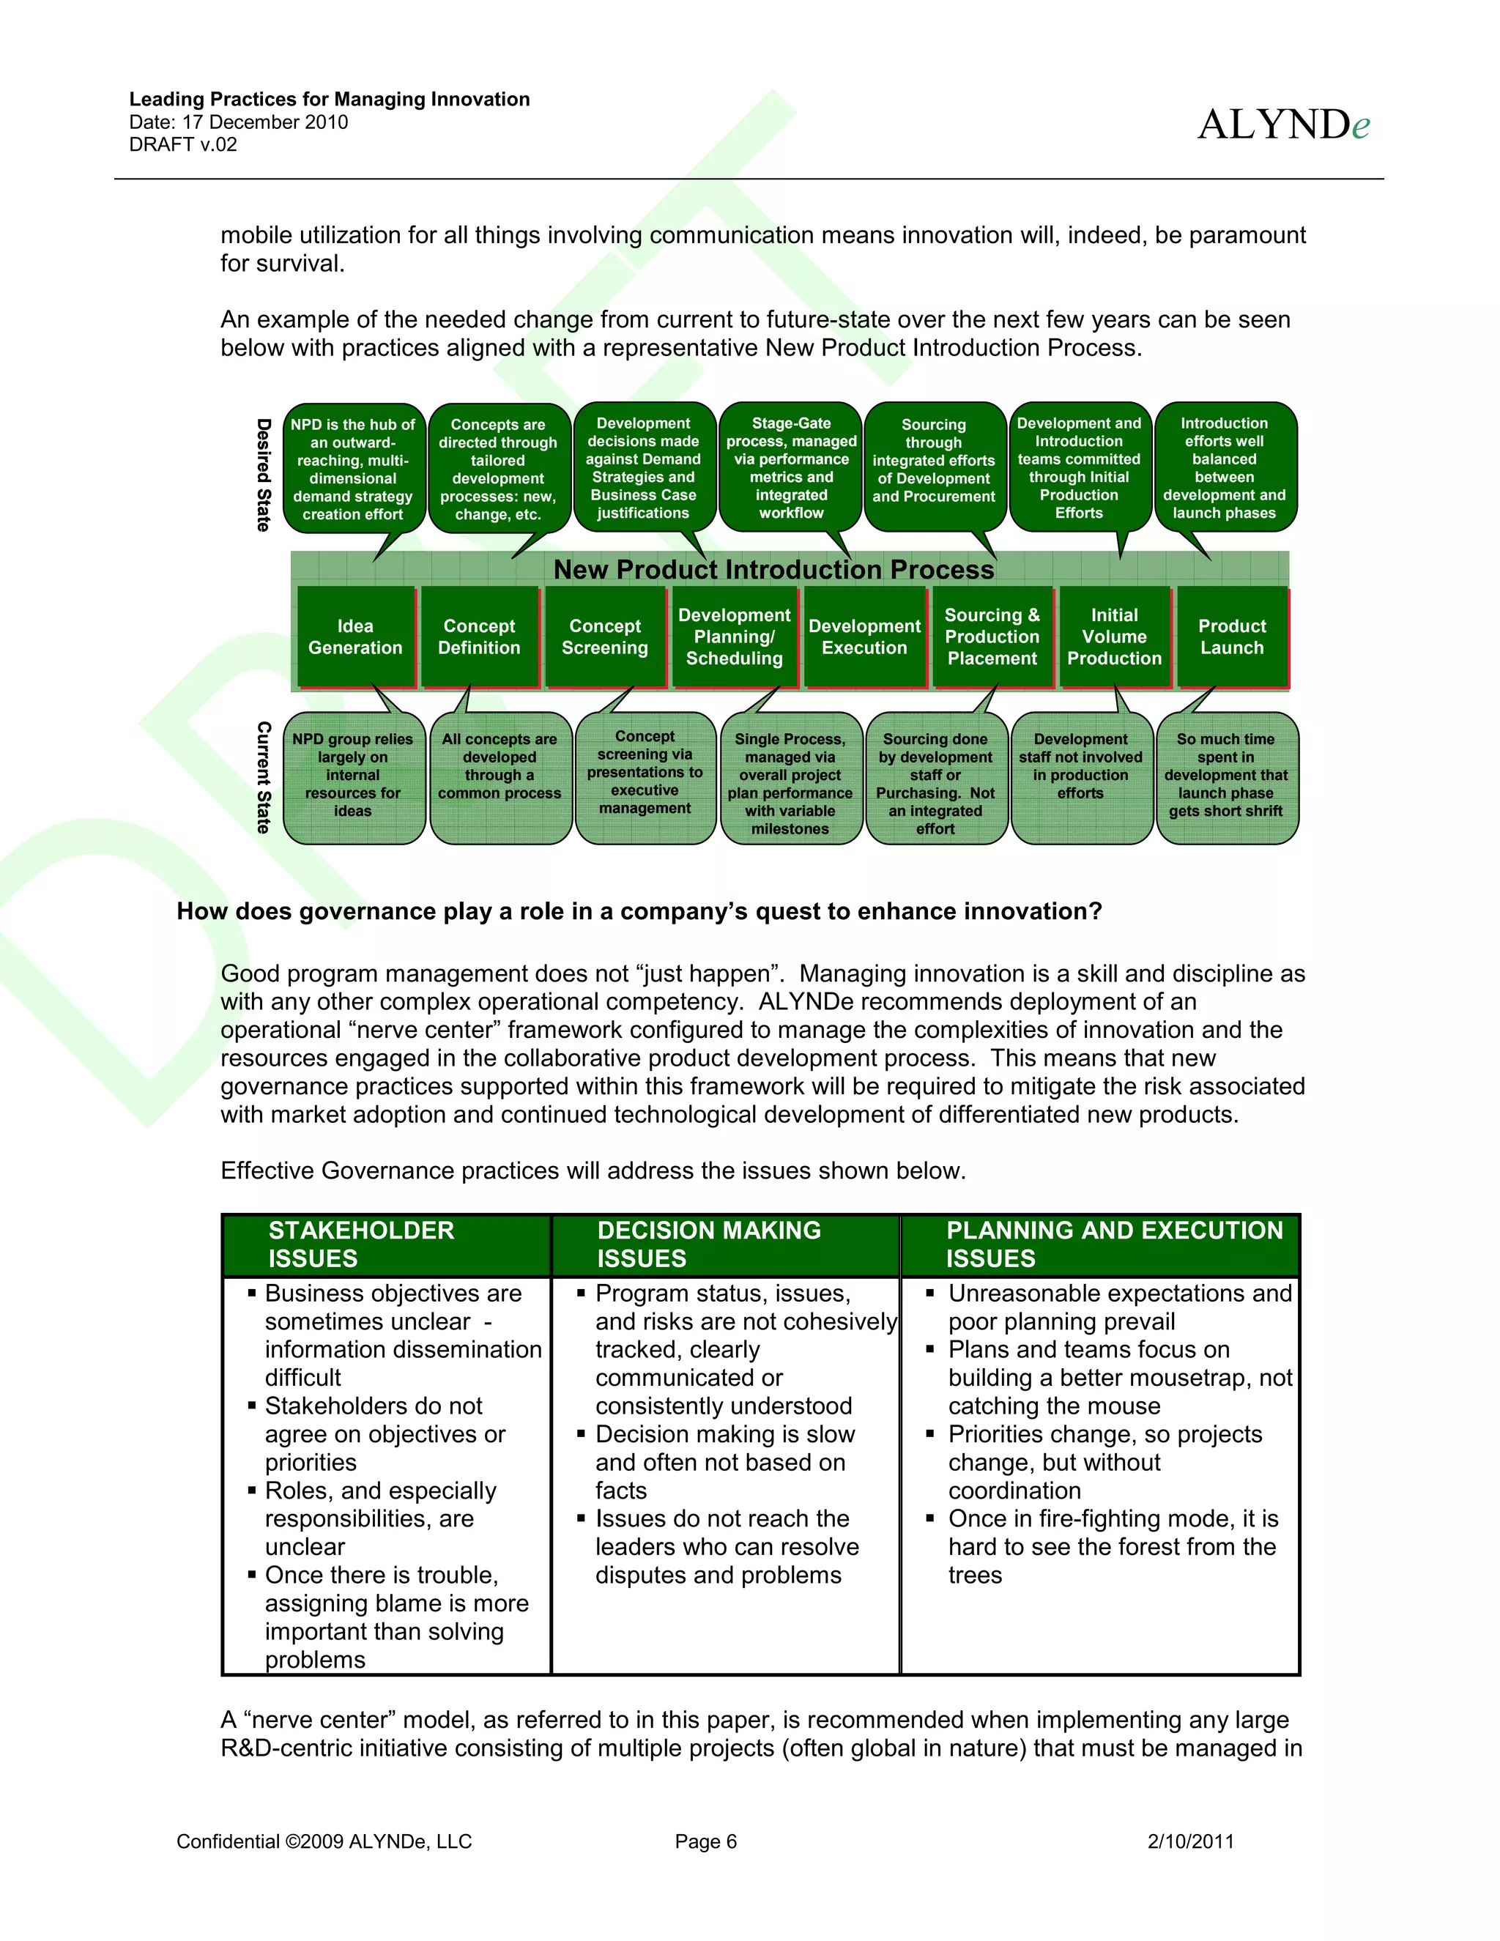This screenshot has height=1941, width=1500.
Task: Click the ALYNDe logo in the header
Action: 1282,125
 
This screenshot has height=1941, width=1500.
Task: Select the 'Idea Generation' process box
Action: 355,637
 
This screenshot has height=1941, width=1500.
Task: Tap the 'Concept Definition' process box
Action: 479,637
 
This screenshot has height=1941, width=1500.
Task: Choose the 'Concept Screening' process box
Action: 604,637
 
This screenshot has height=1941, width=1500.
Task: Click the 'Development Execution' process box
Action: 865,637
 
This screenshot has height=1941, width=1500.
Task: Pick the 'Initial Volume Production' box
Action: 1114,637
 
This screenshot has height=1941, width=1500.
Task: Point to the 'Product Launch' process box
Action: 1232,637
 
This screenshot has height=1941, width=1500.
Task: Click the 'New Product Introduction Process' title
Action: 773,569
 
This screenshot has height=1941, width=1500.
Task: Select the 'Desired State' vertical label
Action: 264,475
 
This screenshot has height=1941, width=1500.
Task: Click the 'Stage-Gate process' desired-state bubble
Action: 791,467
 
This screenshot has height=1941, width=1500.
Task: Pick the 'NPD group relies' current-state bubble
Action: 353,775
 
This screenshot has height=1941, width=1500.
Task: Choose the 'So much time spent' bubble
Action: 1225,775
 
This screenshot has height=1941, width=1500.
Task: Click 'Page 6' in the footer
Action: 705,1841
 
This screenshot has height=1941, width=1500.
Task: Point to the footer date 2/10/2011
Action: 1190,1841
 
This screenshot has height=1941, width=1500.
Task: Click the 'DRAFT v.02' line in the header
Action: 183,145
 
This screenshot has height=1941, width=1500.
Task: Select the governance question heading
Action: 639,911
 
